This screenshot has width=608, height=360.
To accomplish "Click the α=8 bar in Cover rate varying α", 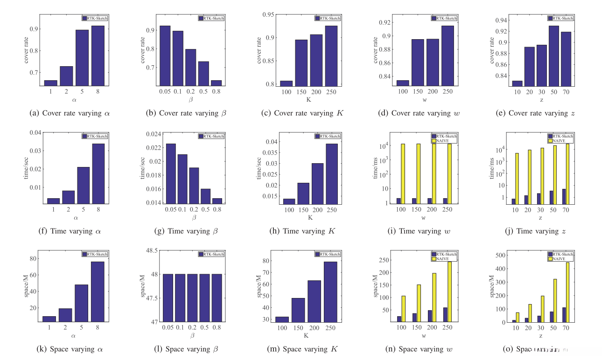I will [98, 55].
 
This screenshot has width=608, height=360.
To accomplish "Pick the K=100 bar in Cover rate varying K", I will [286, 83].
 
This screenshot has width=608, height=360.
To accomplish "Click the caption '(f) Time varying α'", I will [71, 231].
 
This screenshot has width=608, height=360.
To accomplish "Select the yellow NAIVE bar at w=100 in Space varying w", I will [403, 309].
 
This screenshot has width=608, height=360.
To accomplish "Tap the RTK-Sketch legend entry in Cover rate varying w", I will [445, 18].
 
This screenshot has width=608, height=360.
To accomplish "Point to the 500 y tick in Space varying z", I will [499, 255].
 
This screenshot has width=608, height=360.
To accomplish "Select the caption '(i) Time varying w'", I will [423, 231].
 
